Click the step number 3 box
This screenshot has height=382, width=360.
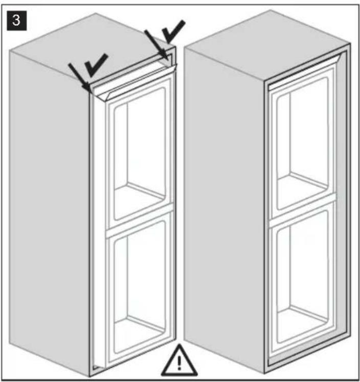pyautogui.click(x=16, y=20)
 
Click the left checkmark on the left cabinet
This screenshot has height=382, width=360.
pyautogui.click(x=96, y=65)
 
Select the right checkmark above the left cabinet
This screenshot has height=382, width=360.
pyautogui.click(x=173, y=31)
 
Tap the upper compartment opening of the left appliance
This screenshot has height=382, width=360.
pyautogui.click(x=139, y=154)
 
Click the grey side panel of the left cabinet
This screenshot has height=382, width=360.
pyautogui.click(x=49, y=209)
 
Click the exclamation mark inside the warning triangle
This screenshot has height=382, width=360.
pyautogui.click(x=179, y=363)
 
